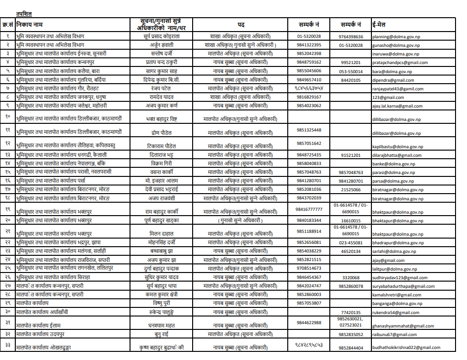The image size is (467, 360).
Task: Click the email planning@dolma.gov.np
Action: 396,36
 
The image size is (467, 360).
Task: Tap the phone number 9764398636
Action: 351,36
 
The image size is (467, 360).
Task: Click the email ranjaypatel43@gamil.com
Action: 398,89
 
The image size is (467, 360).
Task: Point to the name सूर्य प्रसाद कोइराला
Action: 162,36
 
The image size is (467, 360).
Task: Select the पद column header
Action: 242,24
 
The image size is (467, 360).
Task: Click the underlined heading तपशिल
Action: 24,14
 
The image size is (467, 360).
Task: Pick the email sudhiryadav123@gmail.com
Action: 400,278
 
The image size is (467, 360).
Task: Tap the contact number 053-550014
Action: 351,71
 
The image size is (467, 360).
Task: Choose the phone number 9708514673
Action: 309,269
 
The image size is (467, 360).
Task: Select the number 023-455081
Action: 351,242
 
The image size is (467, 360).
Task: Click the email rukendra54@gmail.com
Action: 396,313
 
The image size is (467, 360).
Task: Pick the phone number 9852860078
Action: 351,286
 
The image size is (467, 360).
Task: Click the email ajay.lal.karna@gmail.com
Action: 398,106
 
